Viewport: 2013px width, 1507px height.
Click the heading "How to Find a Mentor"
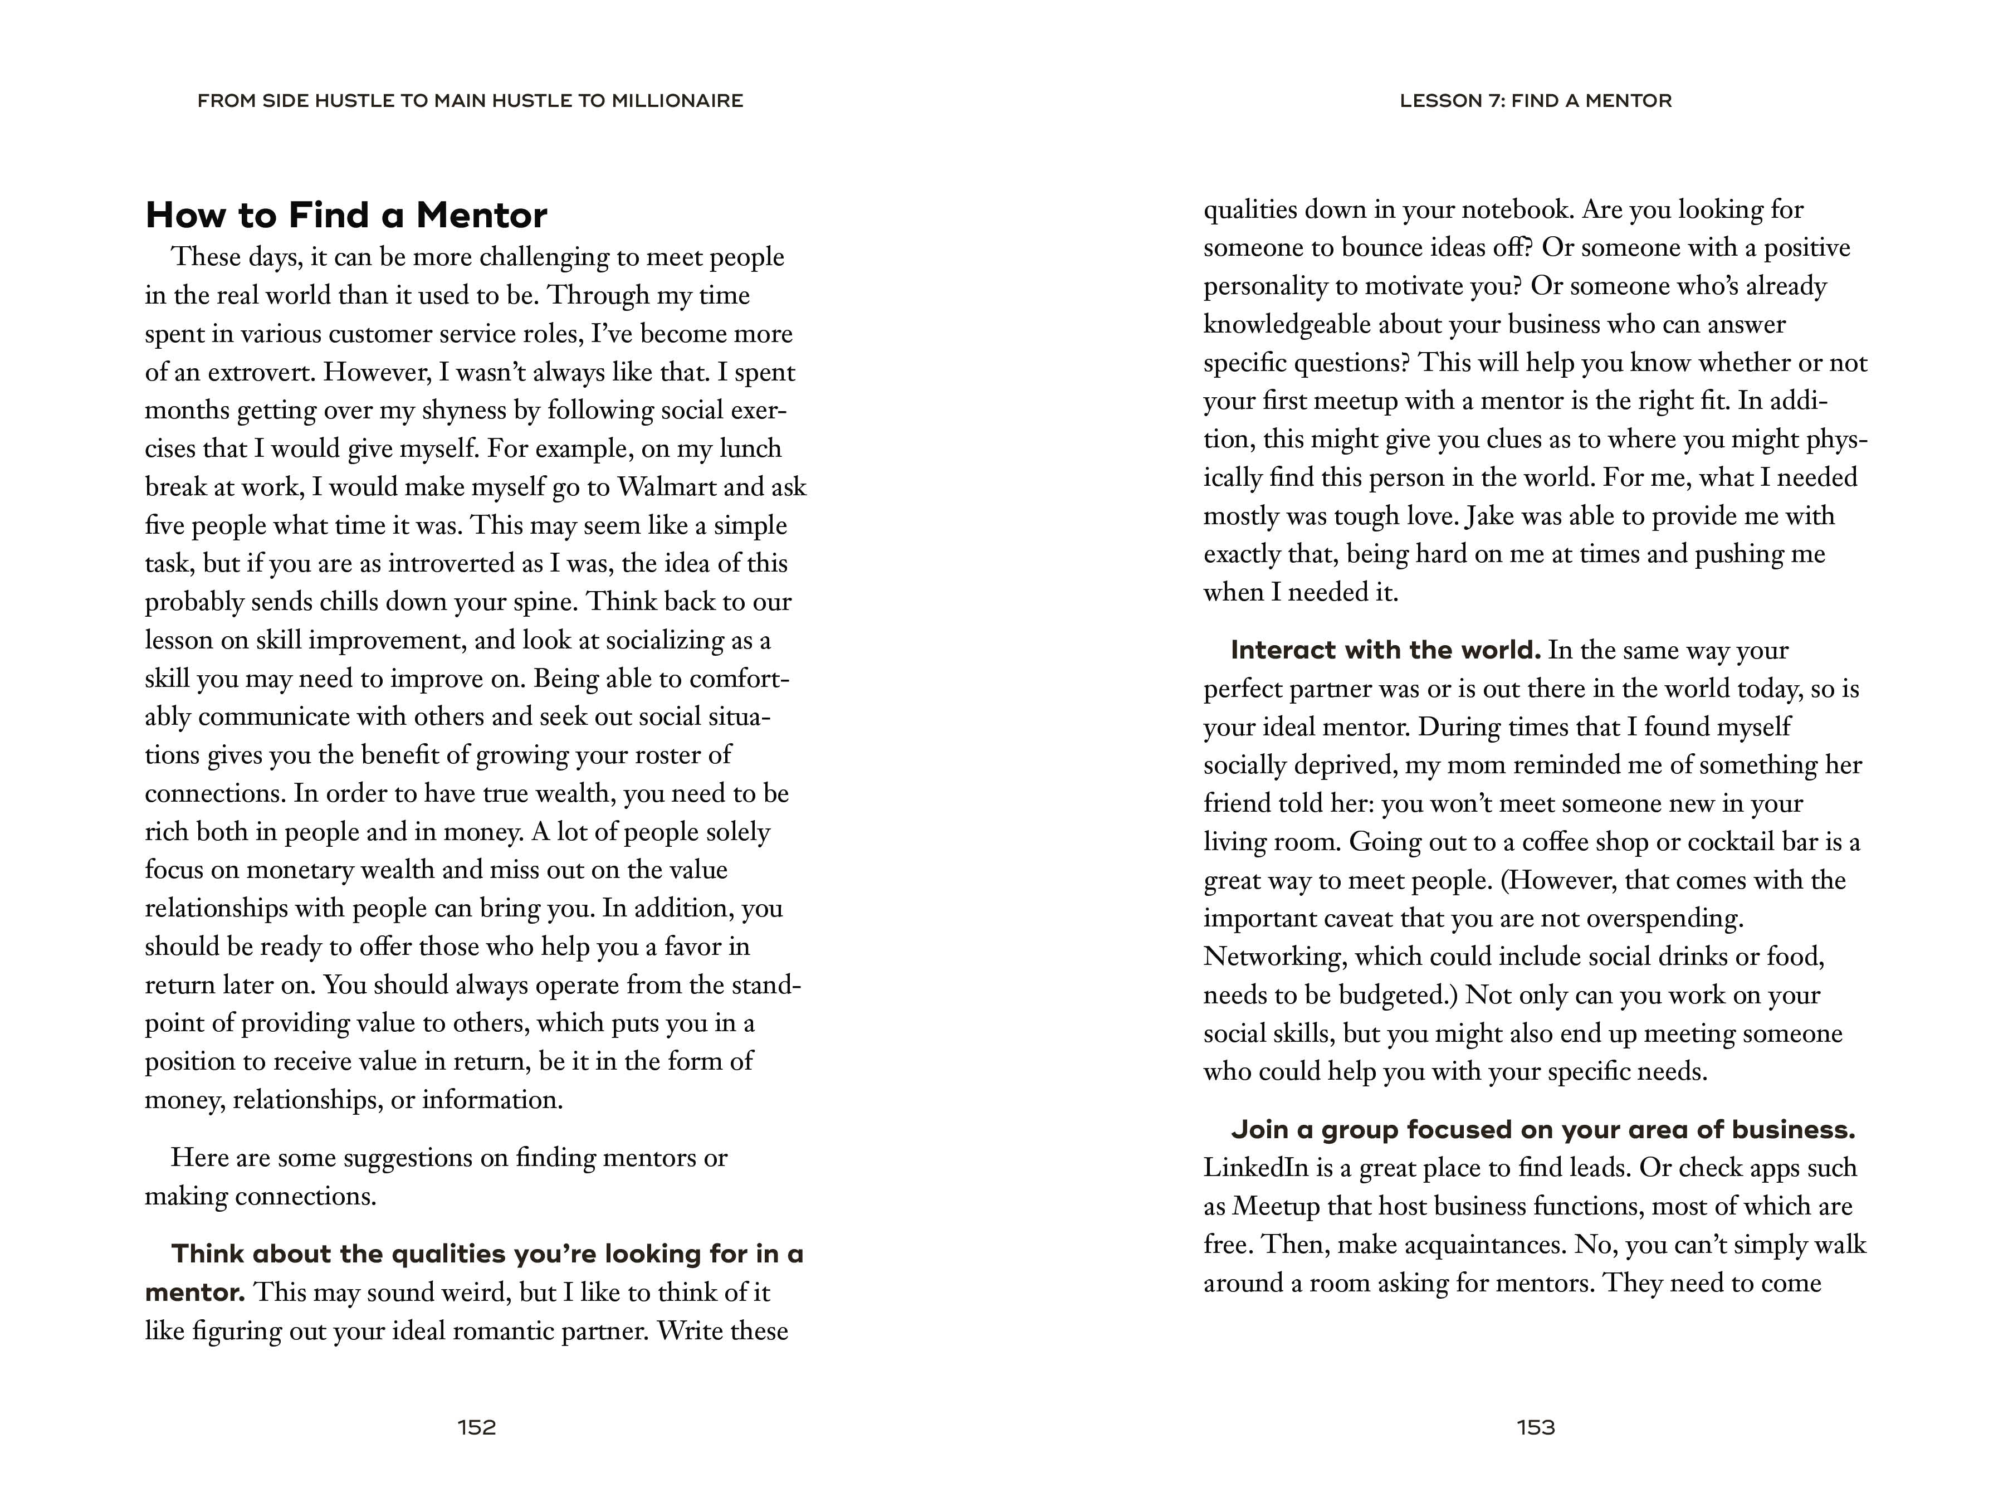pos(346,216)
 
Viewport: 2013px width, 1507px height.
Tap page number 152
pos(477,1427)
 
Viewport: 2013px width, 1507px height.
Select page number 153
pos(1536,1427)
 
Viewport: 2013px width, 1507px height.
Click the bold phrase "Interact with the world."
pos(1385,650)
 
